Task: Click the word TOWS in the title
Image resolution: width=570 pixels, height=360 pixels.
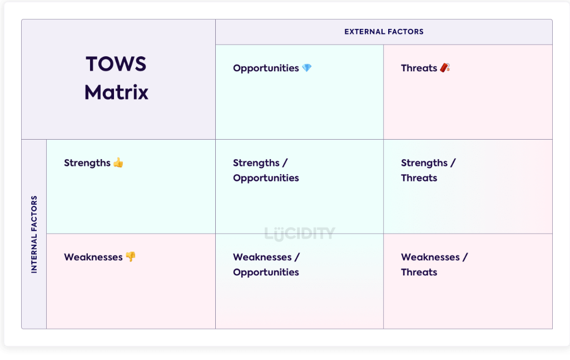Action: click(x=116, y=64)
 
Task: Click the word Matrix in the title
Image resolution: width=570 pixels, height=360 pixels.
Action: click(x=116, y=92)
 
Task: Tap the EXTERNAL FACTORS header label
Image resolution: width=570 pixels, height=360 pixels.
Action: click(x=384, y=32)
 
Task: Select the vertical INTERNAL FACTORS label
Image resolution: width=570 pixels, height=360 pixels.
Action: click(x=34, y=234)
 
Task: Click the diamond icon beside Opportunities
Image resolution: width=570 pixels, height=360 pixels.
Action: click(x=307, y=68)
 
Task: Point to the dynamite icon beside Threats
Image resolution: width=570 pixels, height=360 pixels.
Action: click(x=445, y=68)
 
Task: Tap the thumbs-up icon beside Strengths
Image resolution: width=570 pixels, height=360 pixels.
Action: click(x=118, y=162)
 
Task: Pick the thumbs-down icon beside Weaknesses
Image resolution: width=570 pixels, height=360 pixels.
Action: click(x=131, y=257)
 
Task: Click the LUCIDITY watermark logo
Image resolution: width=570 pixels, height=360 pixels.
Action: click(x=300, y=233)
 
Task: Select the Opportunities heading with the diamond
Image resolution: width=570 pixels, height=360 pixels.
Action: click(x=266, y=68)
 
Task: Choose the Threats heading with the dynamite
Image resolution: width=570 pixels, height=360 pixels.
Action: click(x=419, y=68)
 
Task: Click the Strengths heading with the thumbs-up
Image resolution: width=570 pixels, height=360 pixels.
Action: click(x=87, y=163)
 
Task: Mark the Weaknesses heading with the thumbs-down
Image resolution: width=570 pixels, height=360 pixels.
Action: click(x=93, y=257)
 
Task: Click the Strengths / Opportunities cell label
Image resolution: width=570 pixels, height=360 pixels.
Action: click(x=266, y=170)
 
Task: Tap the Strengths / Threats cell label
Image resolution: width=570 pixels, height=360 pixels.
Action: click(x=428, y=170)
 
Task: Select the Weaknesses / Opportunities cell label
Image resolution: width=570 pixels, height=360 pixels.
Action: click(x=266, y=264)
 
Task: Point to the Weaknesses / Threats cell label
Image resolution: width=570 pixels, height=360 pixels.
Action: click(x=434, y=264)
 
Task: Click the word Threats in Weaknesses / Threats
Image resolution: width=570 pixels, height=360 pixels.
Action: click(x=419, y=272)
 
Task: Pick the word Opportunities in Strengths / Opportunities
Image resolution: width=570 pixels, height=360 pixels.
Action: click(x=266, y=178)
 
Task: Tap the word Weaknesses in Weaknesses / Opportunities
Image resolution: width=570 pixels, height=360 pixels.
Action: click(x=262, y=257)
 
